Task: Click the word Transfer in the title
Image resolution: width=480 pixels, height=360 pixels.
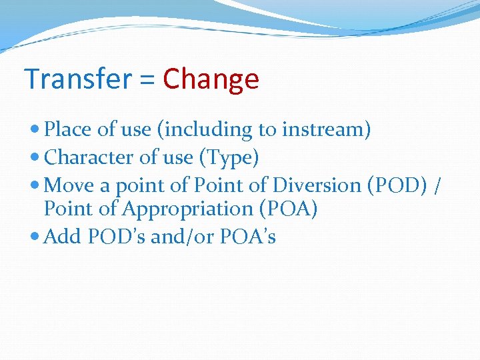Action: click(78, 79)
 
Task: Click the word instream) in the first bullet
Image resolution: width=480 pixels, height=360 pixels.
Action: click(326, 130)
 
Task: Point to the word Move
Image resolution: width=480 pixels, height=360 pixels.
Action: click(71, 185)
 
